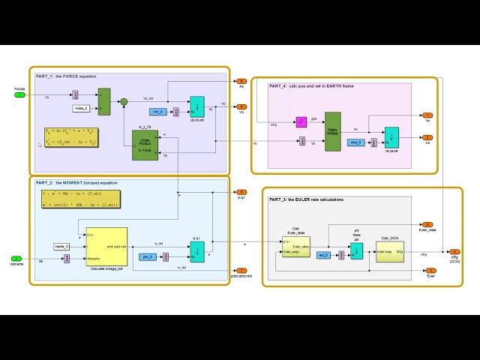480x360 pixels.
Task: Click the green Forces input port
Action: point(21,94)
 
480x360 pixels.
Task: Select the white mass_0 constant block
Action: point(81,108)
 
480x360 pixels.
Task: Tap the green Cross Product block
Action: point(145,145)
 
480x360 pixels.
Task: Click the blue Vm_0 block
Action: point(157,112)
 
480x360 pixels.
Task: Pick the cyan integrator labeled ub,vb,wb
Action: point(196,106)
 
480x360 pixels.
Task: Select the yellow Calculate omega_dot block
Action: point(106,246)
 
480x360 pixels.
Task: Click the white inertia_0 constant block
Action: point(61,246)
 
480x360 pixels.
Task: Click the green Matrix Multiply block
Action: point(332,131)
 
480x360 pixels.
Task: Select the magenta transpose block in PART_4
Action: point(301,121)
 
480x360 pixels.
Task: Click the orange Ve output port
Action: point(427,115)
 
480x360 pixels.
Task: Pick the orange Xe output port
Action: point(427,137)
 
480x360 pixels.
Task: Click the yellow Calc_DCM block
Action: point(390,251)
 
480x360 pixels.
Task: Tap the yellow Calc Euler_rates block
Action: point(296,246)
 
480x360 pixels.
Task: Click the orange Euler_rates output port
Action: point(426,224)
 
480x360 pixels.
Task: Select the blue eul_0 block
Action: point(323,255)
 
